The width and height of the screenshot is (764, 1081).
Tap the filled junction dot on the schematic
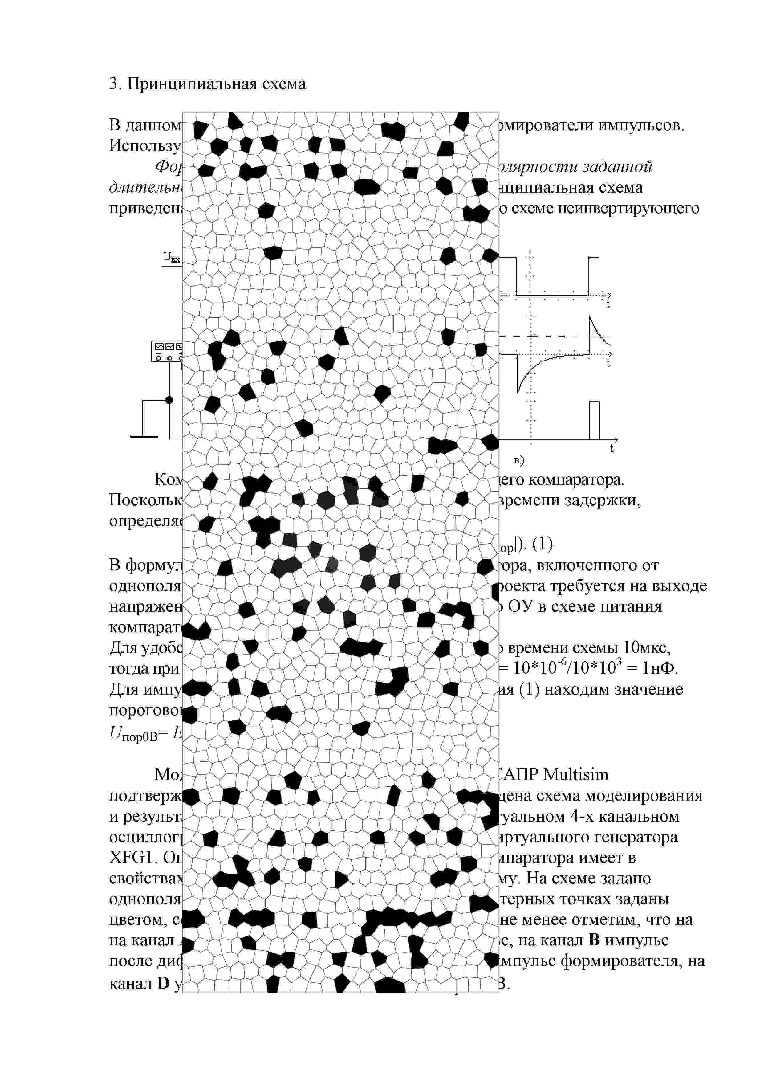click(x=169, y=400)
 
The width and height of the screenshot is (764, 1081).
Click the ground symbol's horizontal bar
click(x=144, y=436)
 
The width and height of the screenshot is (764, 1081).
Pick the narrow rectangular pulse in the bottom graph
click(x=595, y=420)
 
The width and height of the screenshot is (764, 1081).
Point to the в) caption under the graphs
click(x=519, y=460)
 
